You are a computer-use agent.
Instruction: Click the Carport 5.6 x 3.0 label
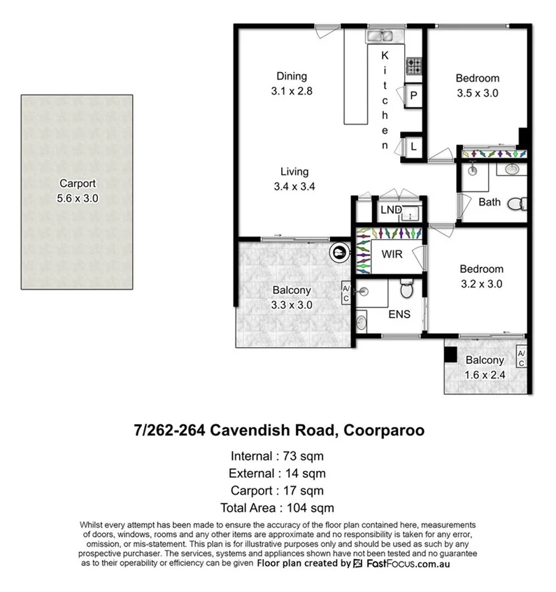77,192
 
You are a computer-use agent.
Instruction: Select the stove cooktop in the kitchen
414,66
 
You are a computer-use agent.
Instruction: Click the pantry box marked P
413,96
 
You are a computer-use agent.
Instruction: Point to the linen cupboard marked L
413,146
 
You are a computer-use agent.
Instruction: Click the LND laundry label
391,209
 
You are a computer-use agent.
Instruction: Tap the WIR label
392,255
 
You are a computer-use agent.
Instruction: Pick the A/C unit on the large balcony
345,292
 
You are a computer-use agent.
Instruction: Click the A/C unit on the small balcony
520,357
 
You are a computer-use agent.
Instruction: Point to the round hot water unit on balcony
338,251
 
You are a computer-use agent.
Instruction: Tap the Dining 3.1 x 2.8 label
291,84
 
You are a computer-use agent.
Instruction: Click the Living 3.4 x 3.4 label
294,178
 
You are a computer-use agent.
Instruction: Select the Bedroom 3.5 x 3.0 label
477,85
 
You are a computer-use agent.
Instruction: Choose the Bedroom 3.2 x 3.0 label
480,276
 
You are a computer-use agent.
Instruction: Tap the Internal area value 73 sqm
305,456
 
